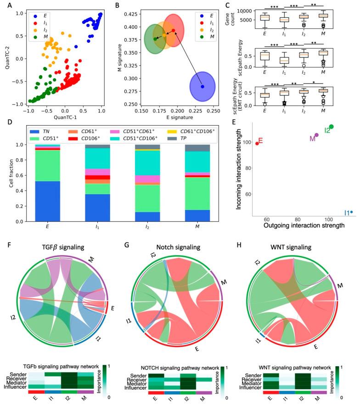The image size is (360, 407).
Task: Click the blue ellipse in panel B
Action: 202,87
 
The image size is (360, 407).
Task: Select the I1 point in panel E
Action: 351,212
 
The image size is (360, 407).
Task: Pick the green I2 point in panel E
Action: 331,127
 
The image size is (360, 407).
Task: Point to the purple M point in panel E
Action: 316,135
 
